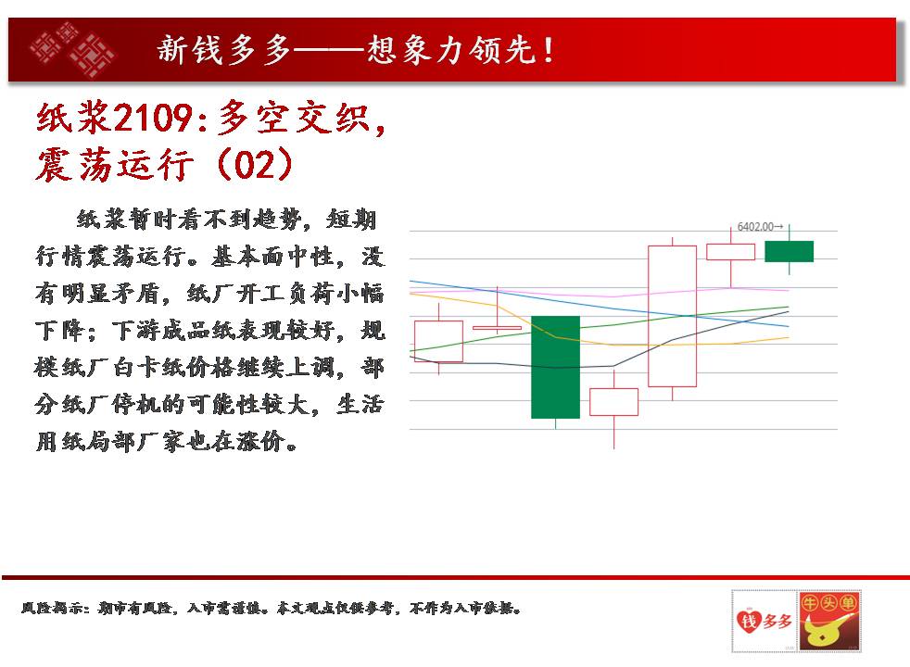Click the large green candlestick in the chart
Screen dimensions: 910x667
coord(555,367)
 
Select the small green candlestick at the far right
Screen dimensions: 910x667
coord(790,251)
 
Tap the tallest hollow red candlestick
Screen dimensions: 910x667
coord(672,316)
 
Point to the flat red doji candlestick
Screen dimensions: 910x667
coord(497,328)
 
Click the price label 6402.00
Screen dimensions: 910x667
coord(755,227)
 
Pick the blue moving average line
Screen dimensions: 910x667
coord(599,303)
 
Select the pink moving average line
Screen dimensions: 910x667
coord(599,292)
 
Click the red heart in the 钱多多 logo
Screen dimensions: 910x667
coord(749,622)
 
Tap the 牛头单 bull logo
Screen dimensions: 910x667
coord(829,621)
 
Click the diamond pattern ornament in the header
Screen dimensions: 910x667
coord(72,49)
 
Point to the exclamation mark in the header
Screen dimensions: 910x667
coord(548,50)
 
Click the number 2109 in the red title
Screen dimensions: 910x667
coord(153,118)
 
